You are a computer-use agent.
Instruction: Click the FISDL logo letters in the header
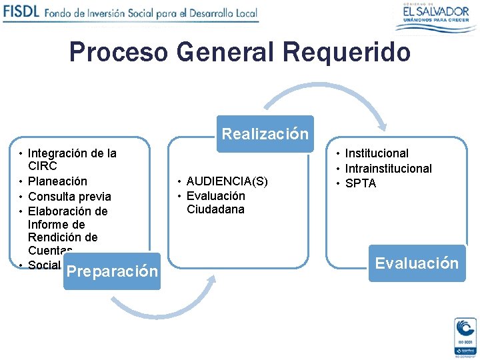click(21, 12)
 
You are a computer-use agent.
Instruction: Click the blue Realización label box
click(265, 134)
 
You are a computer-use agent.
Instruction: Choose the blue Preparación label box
click(112, 271)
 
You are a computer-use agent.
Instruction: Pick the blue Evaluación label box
click(417, 263)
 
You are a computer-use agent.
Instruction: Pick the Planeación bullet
click(57, 181)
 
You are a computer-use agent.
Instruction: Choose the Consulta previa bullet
click(69, 197)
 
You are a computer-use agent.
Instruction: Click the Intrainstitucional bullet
click(388, 169)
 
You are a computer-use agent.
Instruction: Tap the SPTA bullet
click(361, 183)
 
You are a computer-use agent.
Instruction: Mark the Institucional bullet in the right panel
click(377, 153)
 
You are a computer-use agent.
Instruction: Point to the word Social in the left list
click(44, 265)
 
